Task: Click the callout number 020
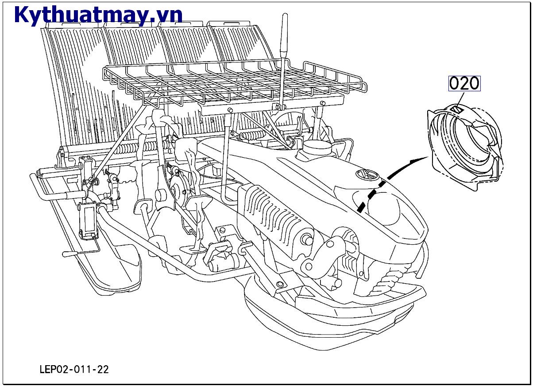click(x=464, y=83)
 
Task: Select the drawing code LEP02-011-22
click(x=74, y=370)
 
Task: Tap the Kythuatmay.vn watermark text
click(x=98, y=15)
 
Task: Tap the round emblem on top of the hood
click(x=367, y=175)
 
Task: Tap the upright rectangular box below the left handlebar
click(x=88, y=220)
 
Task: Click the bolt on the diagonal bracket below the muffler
click(x=280, y=284)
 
